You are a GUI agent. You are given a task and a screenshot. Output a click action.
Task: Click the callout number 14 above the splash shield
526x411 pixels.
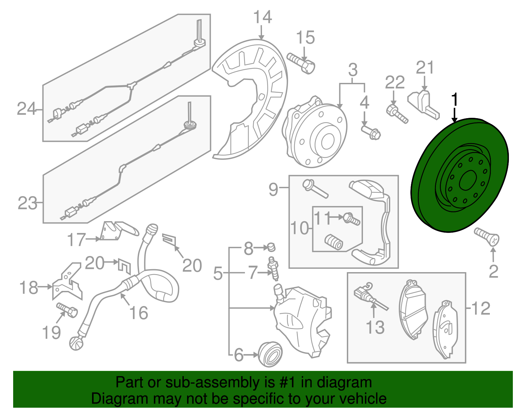[x=263, y=17]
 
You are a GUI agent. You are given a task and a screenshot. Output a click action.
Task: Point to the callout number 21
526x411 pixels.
[x=425, y=68]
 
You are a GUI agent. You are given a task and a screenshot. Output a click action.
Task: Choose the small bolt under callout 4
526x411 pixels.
[x=371, y=132]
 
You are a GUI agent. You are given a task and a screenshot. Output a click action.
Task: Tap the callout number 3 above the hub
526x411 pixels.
[x=353, y=70]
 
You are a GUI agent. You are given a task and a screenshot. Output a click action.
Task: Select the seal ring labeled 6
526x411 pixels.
[x=270, y=354]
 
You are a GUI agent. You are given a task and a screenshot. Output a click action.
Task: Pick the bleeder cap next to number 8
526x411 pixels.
[x=271, y=246]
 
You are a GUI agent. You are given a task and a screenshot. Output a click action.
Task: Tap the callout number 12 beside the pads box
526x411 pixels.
[x=481, y=308]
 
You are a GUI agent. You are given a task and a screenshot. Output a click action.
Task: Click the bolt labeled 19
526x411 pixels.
[x=67, y=310]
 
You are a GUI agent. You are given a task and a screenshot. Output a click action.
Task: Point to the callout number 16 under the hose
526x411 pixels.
[x=139, y=313]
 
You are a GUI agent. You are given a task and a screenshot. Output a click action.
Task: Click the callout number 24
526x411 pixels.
[x=26, y=109]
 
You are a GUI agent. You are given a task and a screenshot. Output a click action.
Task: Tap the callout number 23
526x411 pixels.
[x=27, y=203]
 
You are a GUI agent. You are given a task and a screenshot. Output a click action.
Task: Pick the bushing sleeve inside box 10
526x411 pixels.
[x=334, y=242]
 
